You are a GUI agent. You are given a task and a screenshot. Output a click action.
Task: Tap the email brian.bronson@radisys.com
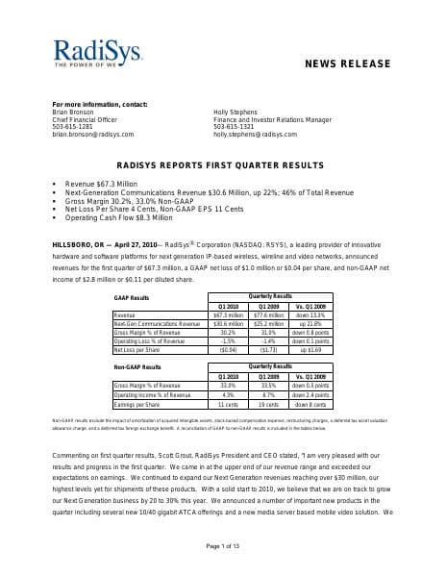(x=93, y=135)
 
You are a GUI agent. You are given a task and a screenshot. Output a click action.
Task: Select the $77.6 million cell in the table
(x=268, y=314)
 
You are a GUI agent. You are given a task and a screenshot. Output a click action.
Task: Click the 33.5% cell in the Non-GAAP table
(x=268, y=385)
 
